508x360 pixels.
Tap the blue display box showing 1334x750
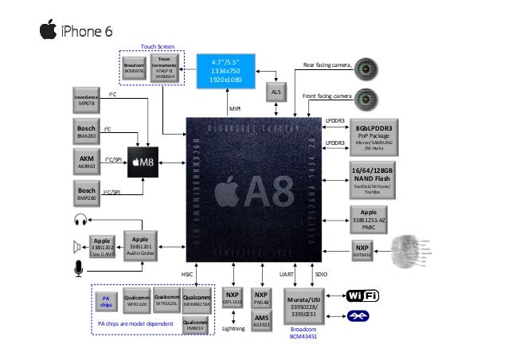tap(225, 70)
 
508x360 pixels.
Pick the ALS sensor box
tap(276, 93)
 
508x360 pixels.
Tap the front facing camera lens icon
tap(366, 99)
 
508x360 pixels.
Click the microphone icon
tap(78, 271)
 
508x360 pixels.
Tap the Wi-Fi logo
tap(363, 295)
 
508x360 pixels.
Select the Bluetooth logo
tap(363, 316)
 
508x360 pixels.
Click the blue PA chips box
tap(107, 301)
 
